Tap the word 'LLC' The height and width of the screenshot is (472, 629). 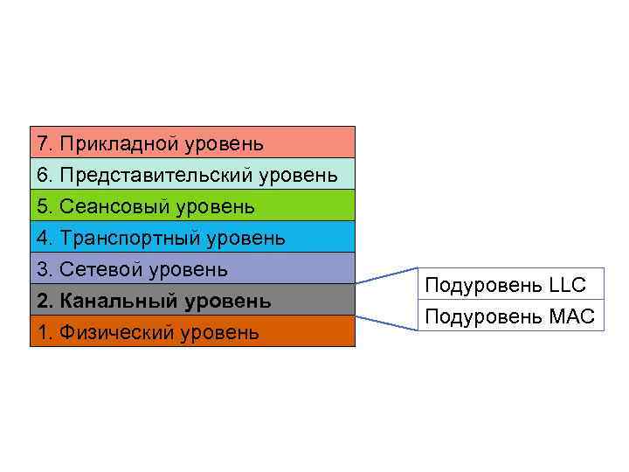568,285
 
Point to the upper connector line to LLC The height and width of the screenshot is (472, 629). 387,275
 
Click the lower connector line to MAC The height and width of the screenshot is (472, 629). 387,323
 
